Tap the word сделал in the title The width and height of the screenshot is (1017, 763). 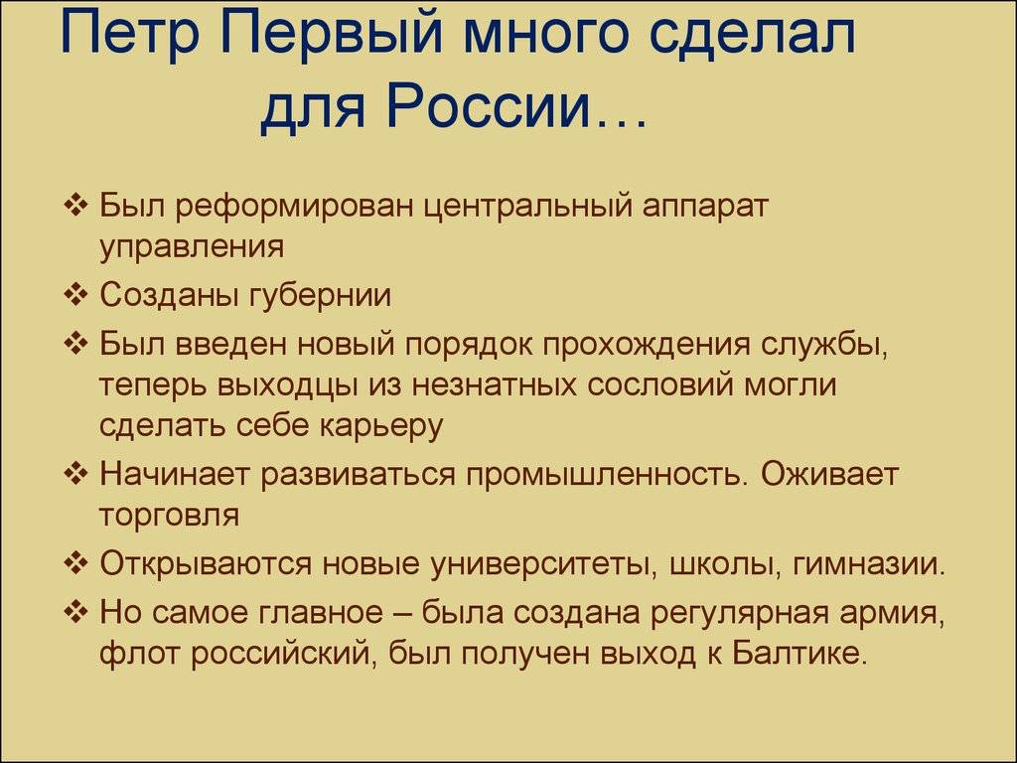coord(752,37)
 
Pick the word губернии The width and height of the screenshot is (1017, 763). coord(320,296)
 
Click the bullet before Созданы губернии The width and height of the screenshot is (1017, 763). coord(75,294)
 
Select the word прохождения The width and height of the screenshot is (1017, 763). coord(646,345)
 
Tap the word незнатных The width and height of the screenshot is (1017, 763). coord(495,384)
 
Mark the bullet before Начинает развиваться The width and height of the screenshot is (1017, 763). coord(75,473)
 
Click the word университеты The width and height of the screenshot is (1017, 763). coord(544,564)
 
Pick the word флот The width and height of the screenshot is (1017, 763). coord(139,654)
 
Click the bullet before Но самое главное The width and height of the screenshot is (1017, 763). coord(75,611)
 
